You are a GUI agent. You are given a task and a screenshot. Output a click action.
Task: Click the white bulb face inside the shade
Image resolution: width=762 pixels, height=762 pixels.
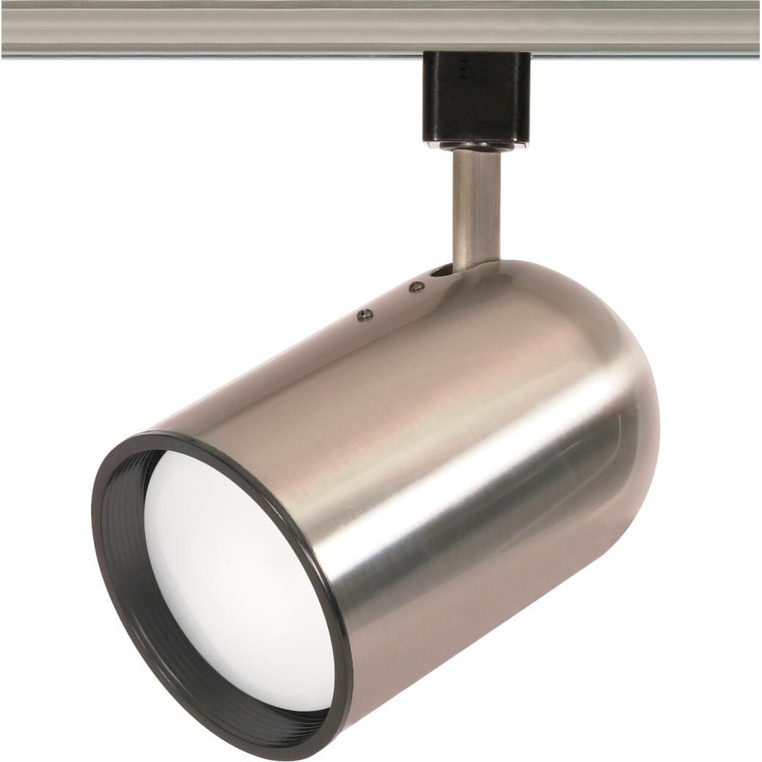pyautogui.click(x=235, y=579)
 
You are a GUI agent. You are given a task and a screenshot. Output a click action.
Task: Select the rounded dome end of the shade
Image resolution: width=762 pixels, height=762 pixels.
pyautogui.click(x=616, y=381)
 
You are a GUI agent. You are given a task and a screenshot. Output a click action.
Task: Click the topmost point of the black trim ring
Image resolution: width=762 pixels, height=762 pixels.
pyautogui.click(x=158, y=434)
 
